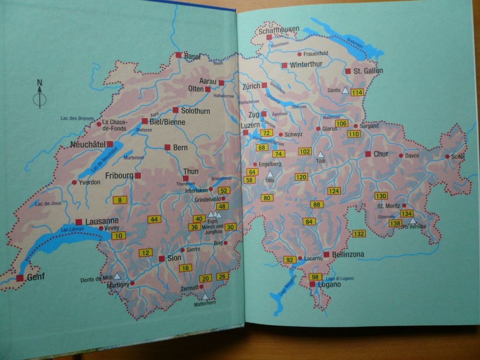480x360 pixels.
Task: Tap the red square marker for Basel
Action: (179, 55)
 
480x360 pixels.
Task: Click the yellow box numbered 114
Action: (357, 92)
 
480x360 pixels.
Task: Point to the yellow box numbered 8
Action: (120, 200)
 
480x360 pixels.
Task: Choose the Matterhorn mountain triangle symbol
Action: (205, 296)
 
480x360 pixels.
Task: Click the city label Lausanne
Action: (101, 221)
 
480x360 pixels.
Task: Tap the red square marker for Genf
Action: (20, 278)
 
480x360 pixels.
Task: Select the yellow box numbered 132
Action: (359, 234)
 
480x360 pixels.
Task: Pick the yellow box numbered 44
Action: (154, 219)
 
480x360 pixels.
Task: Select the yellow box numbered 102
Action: (305, 151)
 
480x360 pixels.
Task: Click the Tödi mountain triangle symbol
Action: (320, 155)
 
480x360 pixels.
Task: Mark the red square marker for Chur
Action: (368, 154)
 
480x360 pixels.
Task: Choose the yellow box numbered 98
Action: (315, 276)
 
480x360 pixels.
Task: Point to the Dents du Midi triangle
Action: (116, 276)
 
